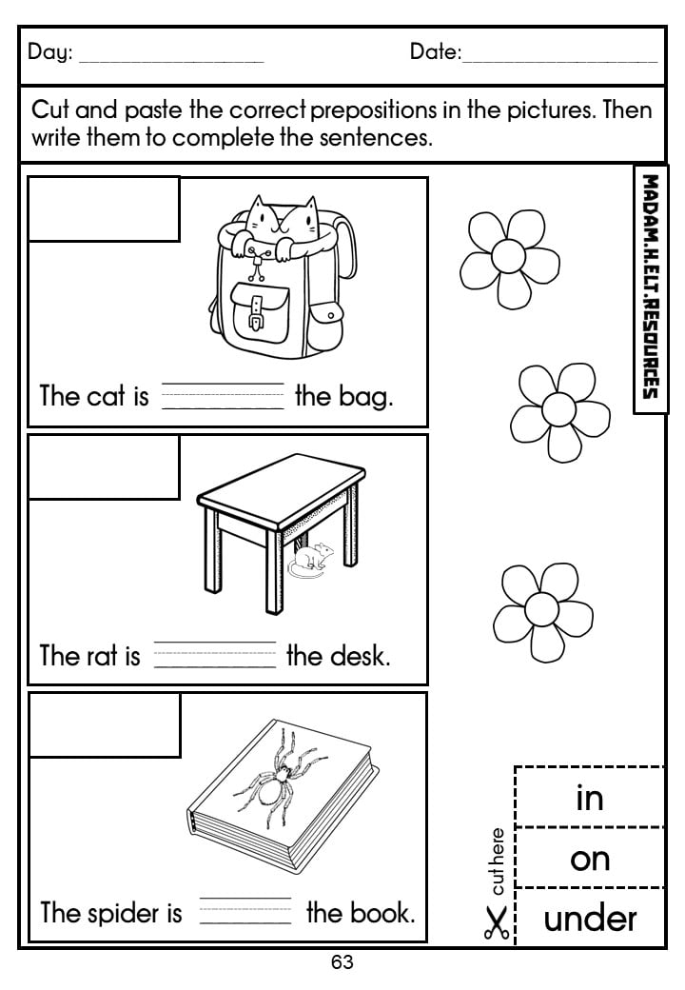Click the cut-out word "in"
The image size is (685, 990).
click(x=590, y=798)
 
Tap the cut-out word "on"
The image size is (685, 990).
click(x=590, y=860)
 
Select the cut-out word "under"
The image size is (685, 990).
click(x=591, y=919)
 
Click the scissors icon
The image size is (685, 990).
click(x=497, y=923)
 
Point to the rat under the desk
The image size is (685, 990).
click(x=310, y=560)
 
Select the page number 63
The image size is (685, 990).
click(x=342, y=962)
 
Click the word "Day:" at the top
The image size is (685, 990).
click(x=50, y=51)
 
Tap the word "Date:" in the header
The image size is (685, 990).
click(x=436, y=51)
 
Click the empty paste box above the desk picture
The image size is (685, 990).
click(x=104, y=467)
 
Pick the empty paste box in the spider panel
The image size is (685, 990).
click(x=105, y=725)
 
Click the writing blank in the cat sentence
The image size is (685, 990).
click(x=224, y=397)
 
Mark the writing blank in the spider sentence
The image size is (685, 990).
click(x=245, y=911)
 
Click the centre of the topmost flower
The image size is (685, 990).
click(x=508, y=256)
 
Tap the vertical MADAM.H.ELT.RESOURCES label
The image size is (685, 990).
click(x=651, y=287)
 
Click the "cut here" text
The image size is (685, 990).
click(x=498, y=861)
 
